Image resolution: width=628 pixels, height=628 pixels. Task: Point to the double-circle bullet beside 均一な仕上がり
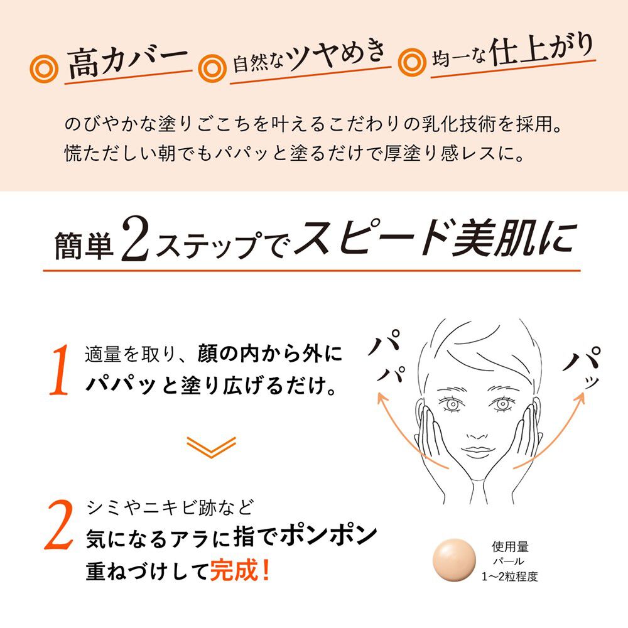(411, 61)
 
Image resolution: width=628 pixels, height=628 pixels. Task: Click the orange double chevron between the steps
(211, 447)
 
